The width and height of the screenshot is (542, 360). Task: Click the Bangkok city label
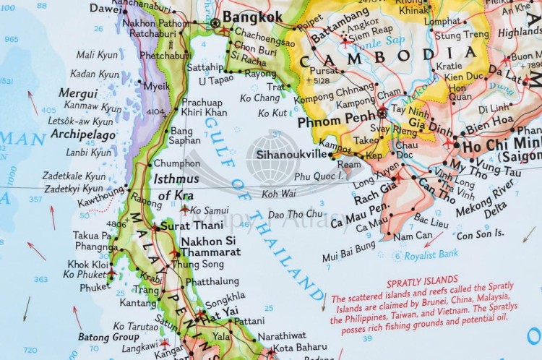pos(251,16)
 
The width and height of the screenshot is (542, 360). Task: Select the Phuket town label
pos(95,287)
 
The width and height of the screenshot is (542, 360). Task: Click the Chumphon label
pos(176,163)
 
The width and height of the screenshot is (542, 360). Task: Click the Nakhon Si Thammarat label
pos(211,247)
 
